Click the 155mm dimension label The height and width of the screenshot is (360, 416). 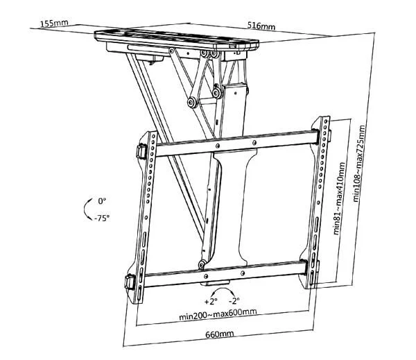54,24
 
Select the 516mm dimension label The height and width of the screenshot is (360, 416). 261,26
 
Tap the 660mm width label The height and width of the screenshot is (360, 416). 219,334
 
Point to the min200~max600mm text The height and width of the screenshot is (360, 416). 218,314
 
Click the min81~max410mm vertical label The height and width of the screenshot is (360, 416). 339,198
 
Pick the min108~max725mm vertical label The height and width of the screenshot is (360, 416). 358,163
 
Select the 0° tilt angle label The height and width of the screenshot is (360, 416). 102,201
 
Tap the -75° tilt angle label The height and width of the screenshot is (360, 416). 102,218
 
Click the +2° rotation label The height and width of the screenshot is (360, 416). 211,301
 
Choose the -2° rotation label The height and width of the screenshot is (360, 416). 234,301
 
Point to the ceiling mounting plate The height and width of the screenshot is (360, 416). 177,40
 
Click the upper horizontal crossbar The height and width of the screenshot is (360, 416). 236,144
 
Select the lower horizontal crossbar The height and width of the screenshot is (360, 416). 225,273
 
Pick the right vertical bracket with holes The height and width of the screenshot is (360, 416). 317,202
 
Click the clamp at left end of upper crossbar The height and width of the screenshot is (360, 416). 141,151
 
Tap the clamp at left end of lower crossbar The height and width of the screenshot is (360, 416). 130,282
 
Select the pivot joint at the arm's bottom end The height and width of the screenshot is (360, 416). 202,264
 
